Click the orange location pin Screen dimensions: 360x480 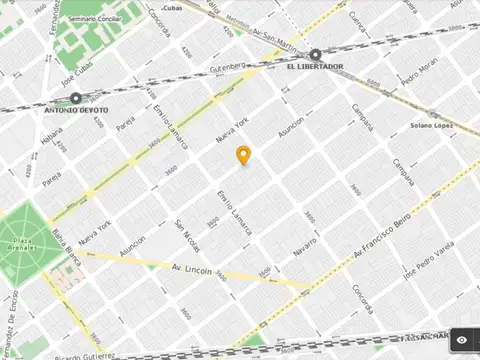point(242,155)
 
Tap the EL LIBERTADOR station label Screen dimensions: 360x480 point(314,67)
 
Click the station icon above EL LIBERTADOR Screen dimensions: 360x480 point(315,55)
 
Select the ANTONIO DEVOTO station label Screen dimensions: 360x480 point(76,111)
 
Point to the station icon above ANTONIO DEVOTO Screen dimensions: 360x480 point(76,98)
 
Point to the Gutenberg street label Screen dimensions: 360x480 point(226,66)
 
